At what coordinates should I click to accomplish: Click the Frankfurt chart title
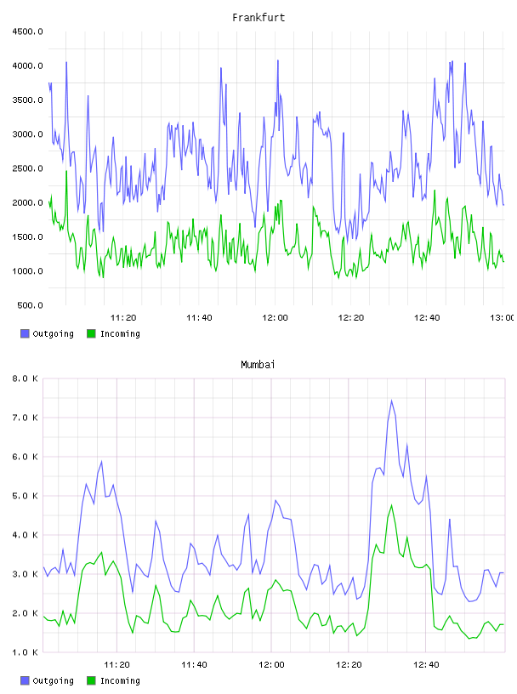pos(258,18)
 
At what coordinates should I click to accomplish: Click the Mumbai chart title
pos(258,365)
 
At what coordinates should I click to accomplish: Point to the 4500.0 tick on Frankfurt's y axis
pos(27,31)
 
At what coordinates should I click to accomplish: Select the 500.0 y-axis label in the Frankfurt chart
pos(30,305)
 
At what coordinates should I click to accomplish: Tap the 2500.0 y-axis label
pos(27,168)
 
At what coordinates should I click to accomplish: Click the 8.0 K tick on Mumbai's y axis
pos(25,378)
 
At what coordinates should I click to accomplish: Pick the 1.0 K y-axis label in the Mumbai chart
pos(25,652)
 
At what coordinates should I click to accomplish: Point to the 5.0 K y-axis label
pos(25,496)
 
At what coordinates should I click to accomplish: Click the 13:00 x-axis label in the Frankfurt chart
pos(503,318)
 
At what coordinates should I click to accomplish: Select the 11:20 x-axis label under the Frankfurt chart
pos(123,318)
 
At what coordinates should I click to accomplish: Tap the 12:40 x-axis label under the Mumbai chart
pos(426,665)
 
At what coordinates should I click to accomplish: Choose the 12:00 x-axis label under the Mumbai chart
pos(271,665)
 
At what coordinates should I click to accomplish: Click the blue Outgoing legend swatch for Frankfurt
pos(25,333)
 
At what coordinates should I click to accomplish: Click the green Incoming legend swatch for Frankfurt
pos(91,333)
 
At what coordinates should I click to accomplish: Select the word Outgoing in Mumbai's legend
pos(53,680)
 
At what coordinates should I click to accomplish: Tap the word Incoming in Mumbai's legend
pos(120,680)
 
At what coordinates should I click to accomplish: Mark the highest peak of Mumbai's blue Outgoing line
pos(392,401)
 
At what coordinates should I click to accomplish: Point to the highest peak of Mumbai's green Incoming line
pos(392,505)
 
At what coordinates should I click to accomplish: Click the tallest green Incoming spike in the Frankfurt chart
pos(66,171)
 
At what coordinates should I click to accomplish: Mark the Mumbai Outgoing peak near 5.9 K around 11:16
pos(102,461)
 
